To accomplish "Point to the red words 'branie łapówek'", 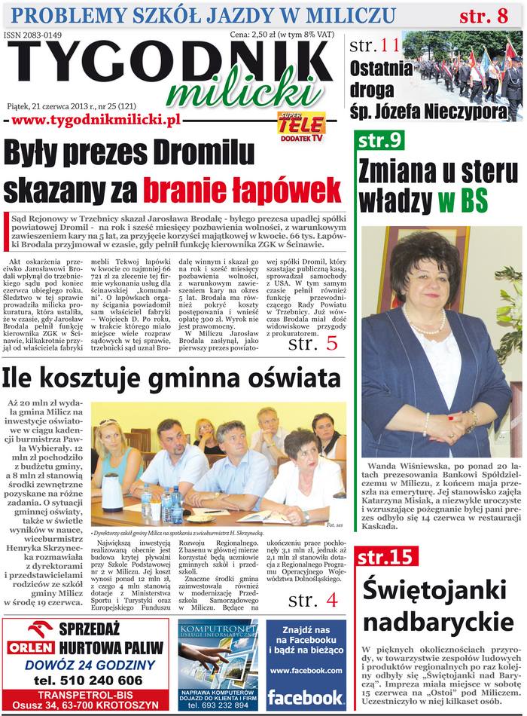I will point(242,188).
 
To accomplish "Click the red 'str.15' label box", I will point(386,557).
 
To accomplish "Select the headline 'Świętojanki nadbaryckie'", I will point(433,607).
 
